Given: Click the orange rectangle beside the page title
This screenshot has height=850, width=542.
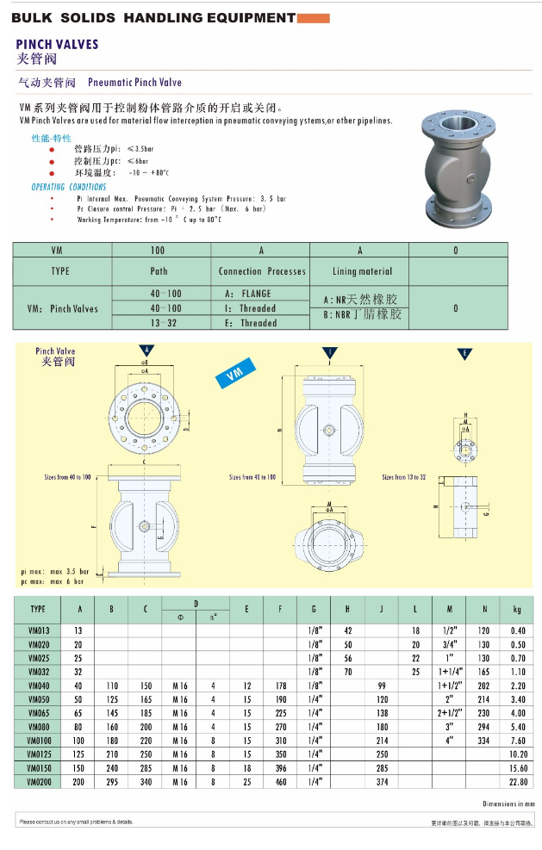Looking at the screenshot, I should (313, 17).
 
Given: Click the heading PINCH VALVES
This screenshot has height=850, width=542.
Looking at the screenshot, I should (58, 44).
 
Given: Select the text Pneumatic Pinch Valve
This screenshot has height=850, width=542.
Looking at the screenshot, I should (135, 83).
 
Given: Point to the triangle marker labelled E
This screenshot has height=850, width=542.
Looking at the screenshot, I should (464, 353).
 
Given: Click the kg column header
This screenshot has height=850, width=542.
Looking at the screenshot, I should (517, 610).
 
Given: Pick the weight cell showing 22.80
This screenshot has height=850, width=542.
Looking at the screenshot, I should (517, 782).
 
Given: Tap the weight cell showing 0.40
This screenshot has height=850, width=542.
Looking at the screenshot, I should (517, 630).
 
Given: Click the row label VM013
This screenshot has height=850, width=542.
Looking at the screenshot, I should (38, 630).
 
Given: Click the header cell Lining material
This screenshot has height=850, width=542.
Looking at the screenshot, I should (358, 271).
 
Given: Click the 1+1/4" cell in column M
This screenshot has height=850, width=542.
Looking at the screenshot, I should (449, 672).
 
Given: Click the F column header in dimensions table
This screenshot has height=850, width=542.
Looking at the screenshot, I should (280, 610).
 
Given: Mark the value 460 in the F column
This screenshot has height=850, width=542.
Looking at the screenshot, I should (280, 782).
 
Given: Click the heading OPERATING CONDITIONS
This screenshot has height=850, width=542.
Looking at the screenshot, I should (69, 187).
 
